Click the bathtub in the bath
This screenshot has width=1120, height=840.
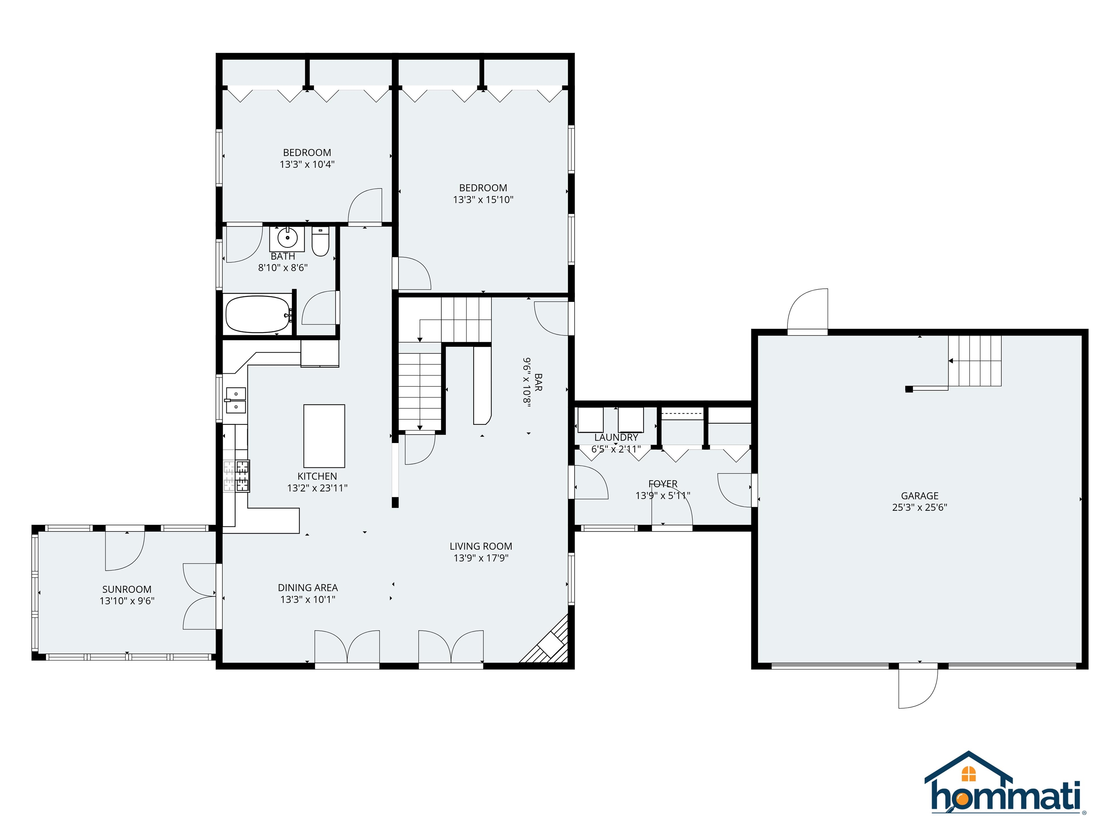(x=257, y=314)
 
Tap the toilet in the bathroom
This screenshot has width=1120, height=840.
(x=320, y=242)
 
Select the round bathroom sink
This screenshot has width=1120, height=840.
(x=287, y=237)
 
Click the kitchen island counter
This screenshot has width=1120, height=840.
(x=324, y=435)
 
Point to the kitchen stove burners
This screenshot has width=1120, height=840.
(x=237, y=476)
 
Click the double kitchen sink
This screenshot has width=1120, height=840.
(x=236, y=400)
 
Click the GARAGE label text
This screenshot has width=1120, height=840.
(x=919, y=496)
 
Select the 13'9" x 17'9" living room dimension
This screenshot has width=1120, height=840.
(x=481, y=558)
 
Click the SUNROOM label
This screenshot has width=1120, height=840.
(x=127, y=590)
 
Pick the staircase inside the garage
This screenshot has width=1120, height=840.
(x=975, y=361)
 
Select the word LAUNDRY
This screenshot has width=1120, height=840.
(x=616, y=437)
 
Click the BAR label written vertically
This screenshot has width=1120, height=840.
(x=538, y=382)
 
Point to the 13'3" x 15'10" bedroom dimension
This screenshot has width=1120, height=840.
(x=483, y=199)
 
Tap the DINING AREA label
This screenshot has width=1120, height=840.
(x=307, y=588)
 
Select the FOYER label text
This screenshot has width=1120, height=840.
(x=662, y=483)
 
